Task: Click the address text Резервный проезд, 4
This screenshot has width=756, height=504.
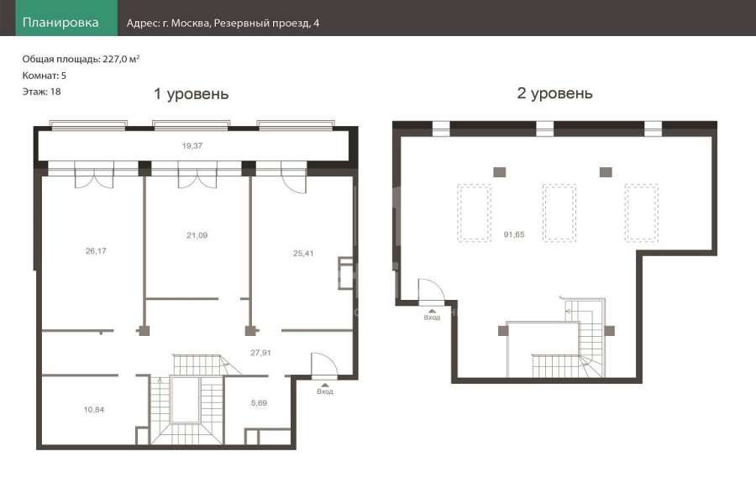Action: point(266,24)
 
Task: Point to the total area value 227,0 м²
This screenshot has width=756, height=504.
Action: point(121,59)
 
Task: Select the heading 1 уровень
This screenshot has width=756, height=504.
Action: point(191,93)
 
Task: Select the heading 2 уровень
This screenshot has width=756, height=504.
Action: point(554,93)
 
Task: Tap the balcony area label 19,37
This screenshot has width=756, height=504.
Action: point(192,145)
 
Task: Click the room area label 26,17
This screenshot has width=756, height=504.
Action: point(96,251)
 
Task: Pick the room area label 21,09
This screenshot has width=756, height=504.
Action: point(197,235)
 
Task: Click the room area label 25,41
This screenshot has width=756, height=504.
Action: point(303,253)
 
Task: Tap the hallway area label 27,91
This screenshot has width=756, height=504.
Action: point(260,353)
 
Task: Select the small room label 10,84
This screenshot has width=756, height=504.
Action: point(93,410)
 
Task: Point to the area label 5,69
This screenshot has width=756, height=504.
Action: point(259,403)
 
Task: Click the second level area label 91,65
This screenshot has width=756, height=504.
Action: point(514,234)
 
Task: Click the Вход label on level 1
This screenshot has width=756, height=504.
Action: point(325,391)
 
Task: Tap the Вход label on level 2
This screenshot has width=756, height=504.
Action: point(432,318)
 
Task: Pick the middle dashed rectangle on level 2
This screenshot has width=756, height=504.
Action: point(559,213)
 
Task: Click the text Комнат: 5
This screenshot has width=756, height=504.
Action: point(45,76)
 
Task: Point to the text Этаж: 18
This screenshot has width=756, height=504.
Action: point(41,92)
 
